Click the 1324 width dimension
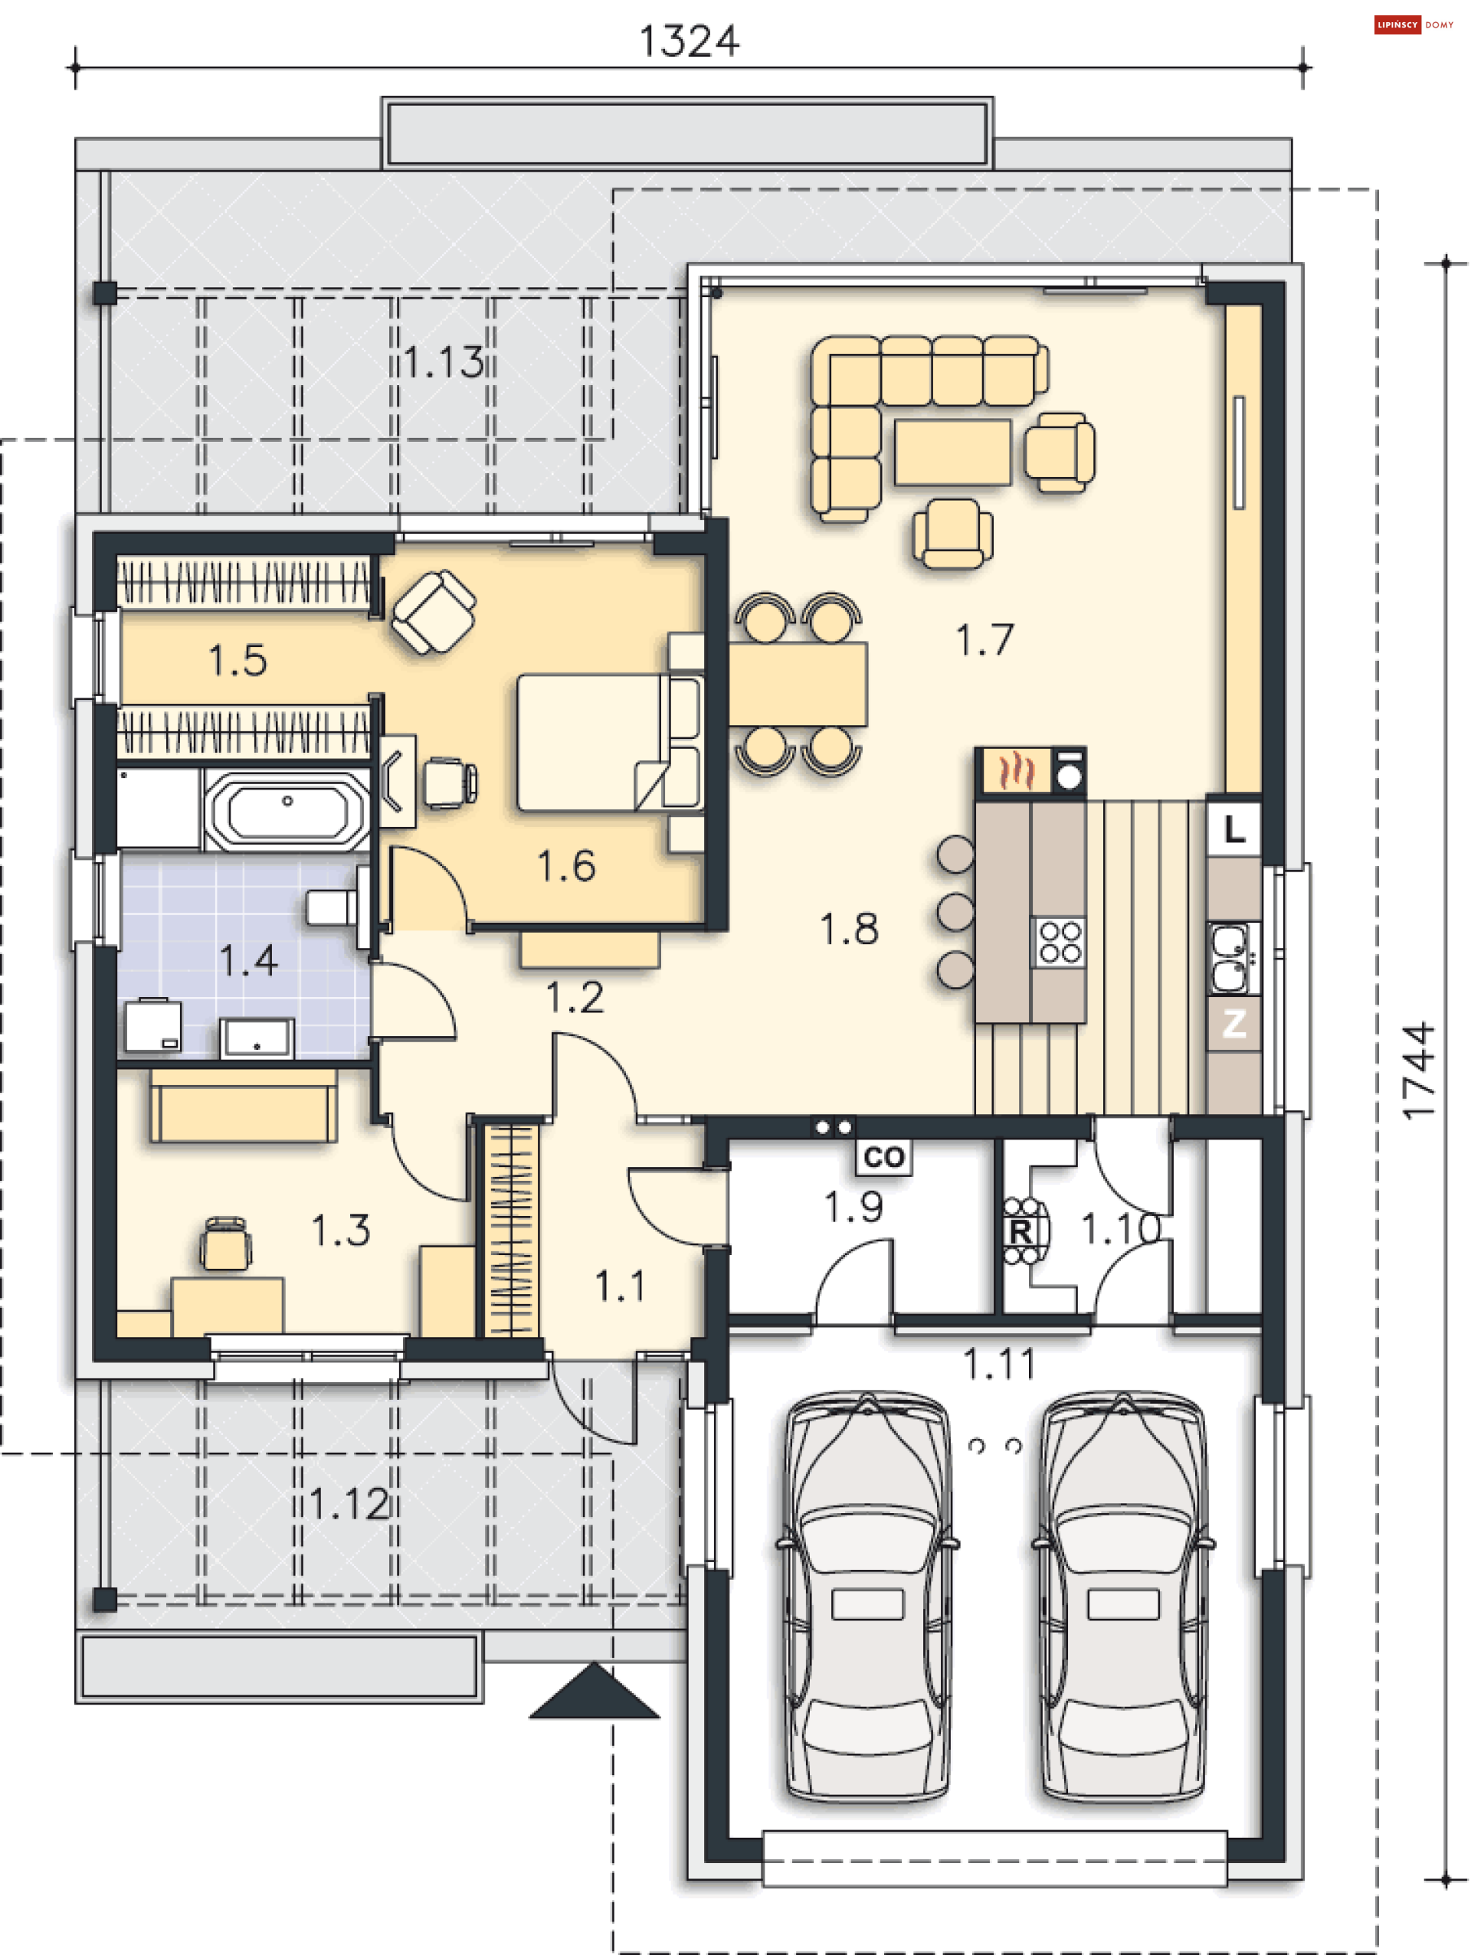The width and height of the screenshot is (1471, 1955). click(688, 41)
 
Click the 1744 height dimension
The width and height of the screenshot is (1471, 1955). click(1418, 1071)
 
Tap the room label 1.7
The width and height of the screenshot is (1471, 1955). click(984, 640)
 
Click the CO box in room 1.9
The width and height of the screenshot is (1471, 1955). click(883, 1157)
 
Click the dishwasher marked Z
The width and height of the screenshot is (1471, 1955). click(1234, 1024)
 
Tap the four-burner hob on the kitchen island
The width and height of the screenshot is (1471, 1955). click(1059, 942)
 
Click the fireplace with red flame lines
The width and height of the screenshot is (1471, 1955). click(1016, 770)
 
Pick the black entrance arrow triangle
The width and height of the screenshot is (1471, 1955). click(594, 1692)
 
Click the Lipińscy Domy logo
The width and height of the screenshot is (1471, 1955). click(1413, 25)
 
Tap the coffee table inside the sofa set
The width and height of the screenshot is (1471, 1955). click(952, 452)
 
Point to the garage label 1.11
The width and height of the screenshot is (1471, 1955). click(999, 1364)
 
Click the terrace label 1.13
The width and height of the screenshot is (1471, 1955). click(444, 362)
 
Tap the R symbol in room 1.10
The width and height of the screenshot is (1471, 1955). click(1021, 1231)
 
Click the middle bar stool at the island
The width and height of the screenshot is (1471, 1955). click(955, 912)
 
